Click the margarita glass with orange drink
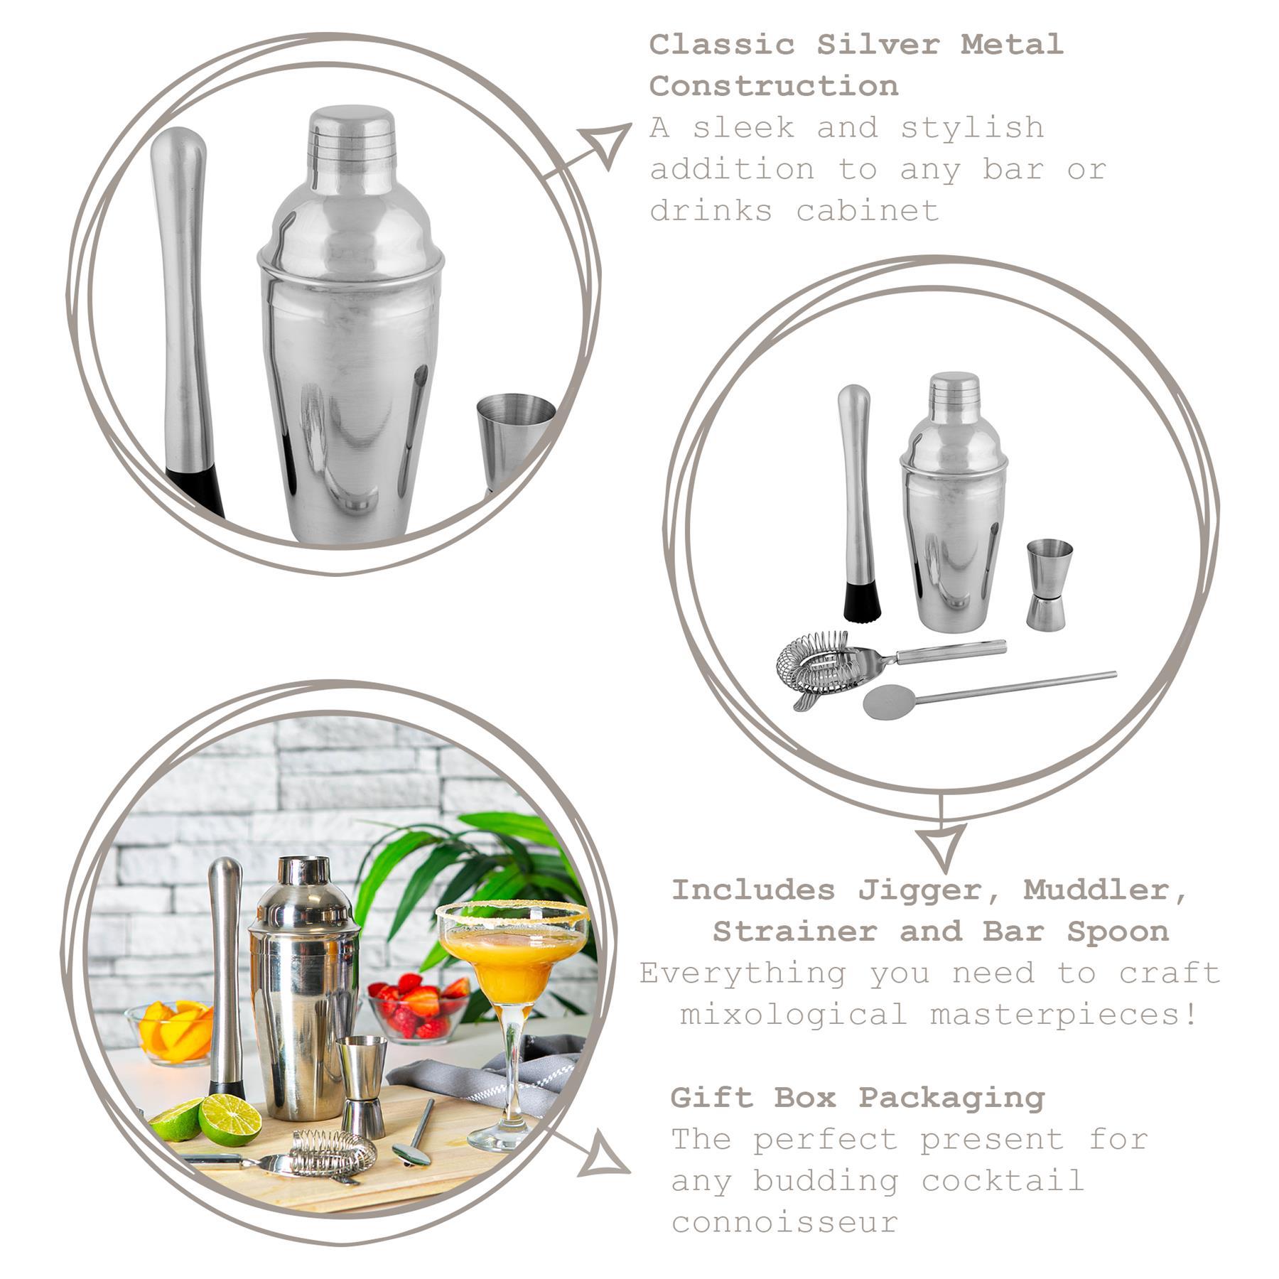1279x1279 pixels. tap(512, 952)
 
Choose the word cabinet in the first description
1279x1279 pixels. tap(867, 211)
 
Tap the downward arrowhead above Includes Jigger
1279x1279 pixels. tap(942, 846)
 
